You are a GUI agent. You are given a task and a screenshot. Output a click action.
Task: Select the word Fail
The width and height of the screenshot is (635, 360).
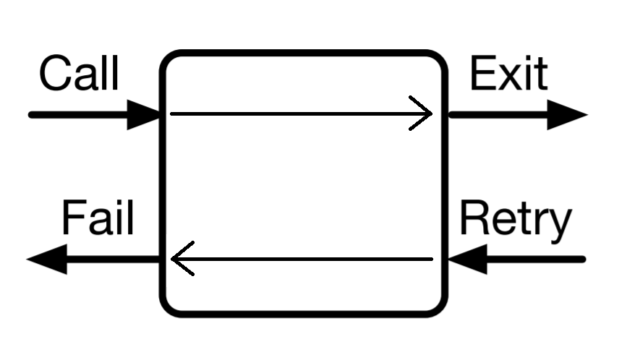(98, 218)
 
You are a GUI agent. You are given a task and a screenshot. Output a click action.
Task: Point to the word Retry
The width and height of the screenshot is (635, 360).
(515, 220)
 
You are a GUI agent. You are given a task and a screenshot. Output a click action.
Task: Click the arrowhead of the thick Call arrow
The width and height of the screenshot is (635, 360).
(143, 114)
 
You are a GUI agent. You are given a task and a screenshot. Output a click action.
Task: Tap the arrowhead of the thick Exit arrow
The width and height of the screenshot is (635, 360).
(566, 114)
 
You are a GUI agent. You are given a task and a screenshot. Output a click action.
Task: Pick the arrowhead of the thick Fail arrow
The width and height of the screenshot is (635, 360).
(48, 259)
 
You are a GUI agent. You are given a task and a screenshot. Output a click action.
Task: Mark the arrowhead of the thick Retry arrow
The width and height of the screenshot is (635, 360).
(467, 259)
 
